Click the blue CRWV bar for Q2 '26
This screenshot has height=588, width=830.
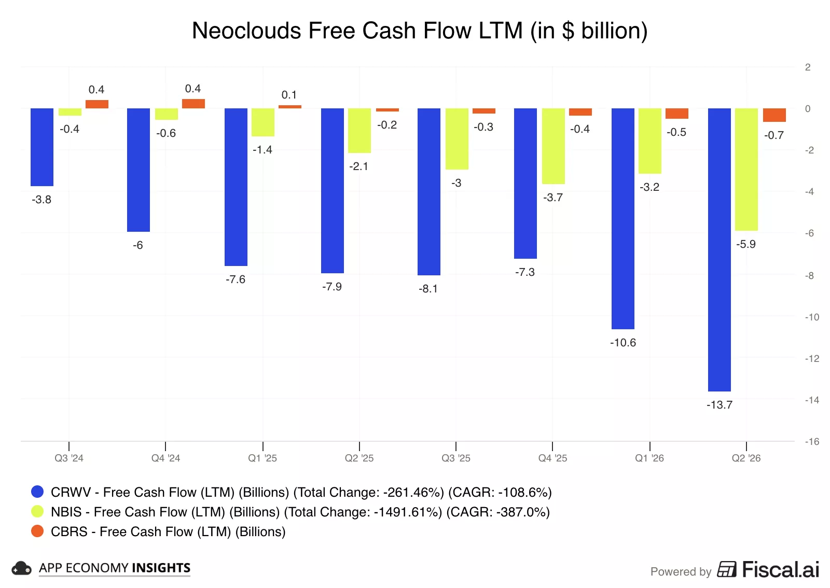[x=719, y=249]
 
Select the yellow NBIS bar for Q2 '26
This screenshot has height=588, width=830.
[x=746, y=169]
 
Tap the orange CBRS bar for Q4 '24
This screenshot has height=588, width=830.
[x=193, y=104]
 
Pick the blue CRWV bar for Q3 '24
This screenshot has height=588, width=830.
[x=42, y=147]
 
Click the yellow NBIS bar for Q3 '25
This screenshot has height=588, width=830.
[x=457, y=139]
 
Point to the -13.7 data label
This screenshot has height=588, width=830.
[x=719, y=405]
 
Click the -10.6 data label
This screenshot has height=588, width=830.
[x=623, y=343]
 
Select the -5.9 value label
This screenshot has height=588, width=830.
[x=745, y=244]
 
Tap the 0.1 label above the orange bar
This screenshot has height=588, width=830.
[x=289, y=95]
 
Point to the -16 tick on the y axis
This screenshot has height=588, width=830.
[x=812, y=441]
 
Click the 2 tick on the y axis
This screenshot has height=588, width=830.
[x=808, y=67]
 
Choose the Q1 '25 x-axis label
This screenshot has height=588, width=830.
[x=262, y=458]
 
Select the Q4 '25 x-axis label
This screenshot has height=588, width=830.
[x=552, y=458]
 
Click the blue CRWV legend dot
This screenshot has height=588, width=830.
[x=37, y=492]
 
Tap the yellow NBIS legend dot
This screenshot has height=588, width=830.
[x=37, y=511]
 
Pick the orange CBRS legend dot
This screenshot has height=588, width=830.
[x=37, y=531]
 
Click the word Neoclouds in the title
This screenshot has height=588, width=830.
[x=246, y=31]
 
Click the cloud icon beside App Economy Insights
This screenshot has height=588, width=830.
[x=21, y=568]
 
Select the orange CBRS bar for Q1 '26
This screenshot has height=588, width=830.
[x=677, y=114]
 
